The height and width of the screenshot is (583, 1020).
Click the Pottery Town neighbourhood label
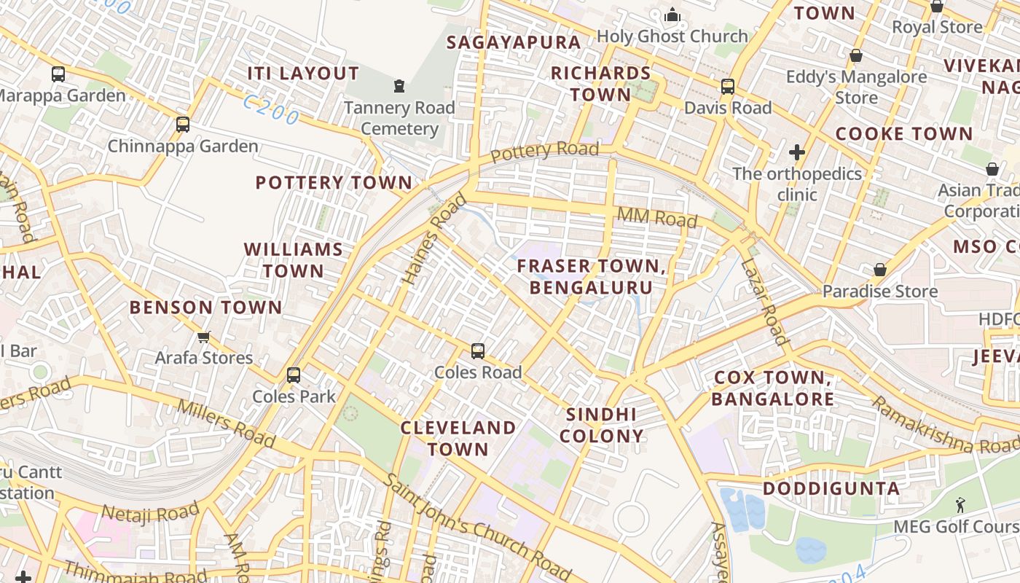334,182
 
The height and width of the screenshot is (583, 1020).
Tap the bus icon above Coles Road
478,351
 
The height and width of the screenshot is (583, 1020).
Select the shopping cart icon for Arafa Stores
203,337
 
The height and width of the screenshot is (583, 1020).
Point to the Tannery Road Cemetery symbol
399,87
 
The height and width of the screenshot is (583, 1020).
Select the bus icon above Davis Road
727,87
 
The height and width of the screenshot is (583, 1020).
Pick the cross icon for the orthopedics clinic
797,152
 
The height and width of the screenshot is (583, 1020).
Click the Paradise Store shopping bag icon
880,270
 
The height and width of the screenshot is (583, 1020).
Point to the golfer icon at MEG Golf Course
960,504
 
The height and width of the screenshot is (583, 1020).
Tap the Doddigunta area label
831,488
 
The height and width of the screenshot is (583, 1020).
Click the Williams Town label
294,260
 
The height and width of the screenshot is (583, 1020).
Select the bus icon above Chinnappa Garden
183,125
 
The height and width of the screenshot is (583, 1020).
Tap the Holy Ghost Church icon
672,15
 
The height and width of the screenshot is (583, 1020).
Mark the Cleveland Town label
458,438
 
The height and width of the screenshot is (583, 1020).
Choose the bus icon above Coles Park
294,375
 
